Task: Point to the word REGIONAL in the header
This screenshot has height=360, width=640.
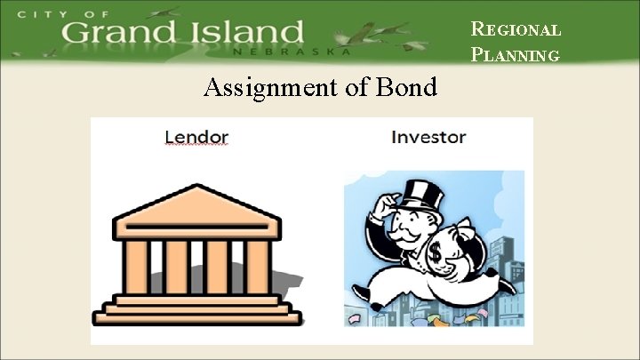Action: pos(516,29)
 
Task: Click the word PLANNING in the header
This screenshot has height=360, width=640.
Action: pos(516,55)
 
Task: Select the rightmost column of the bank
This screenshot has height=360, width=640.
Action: pos(259,267)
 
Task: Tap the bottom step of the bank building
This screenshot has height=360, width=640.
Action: pos(197,316)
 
